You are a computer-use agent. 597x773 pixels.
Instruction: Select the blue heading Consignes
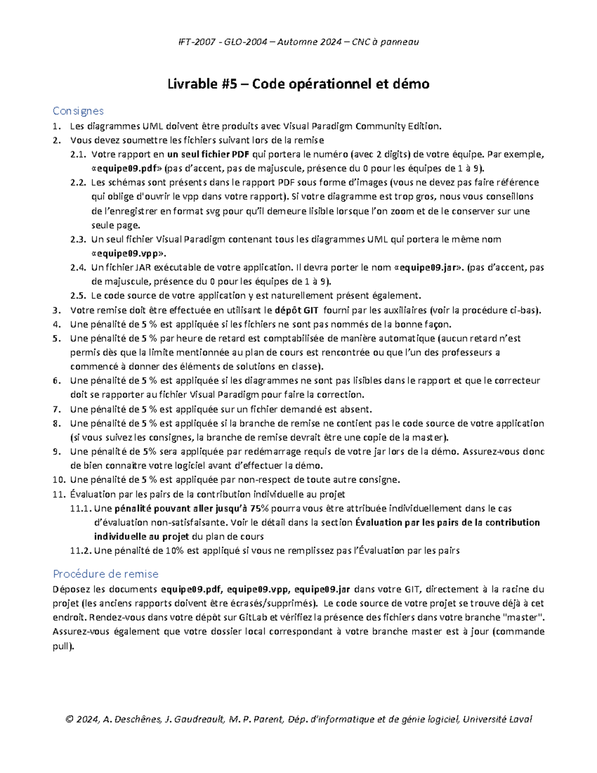click(78, 110)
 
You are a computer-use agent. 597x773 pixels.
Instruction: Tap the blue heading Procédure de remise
click(105, 574)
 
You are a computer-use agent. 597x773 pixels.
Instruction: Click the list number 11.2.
click(81, 551)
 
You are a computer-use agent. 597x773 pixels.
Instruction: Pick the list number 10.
click(59, 480)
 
